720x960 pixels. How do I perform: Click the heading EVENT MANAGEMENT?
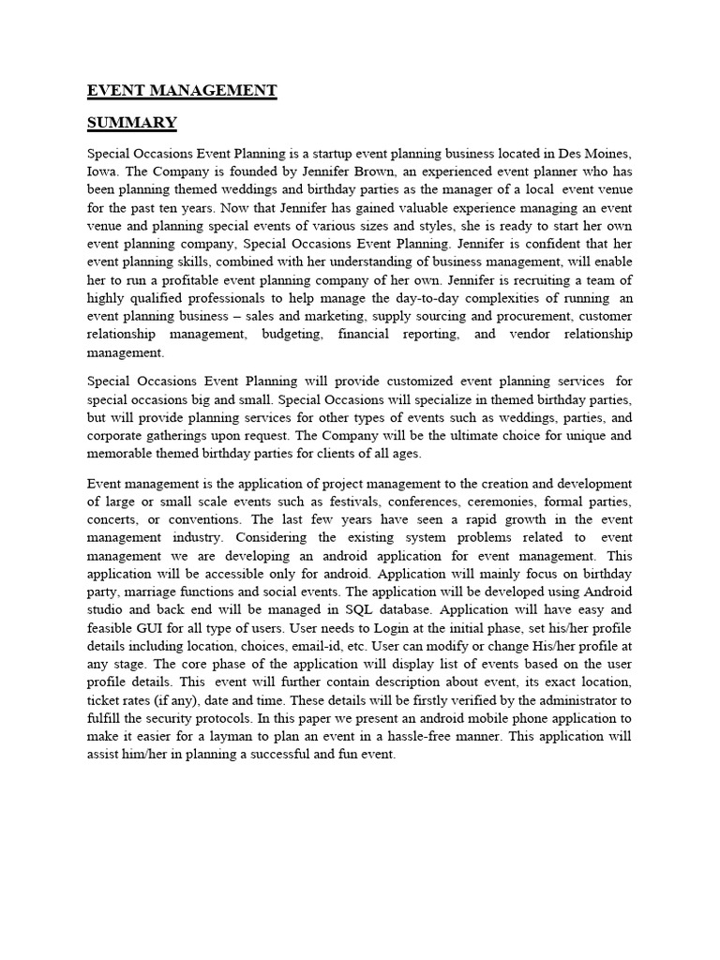182,91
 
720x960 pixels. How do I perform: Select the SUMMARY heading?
131,123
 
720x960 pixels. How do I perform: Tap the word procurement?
497,316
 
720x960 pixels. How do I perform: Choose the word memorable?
127,454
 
